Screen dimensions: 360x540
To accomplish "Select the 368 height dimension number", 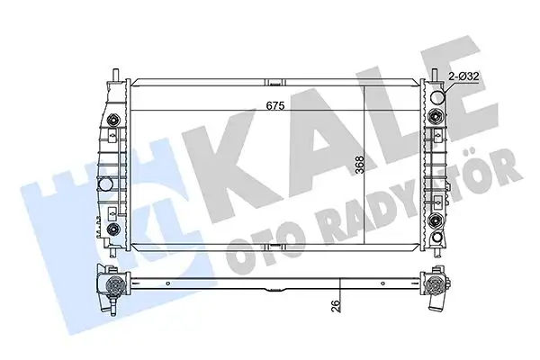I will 358,168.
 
